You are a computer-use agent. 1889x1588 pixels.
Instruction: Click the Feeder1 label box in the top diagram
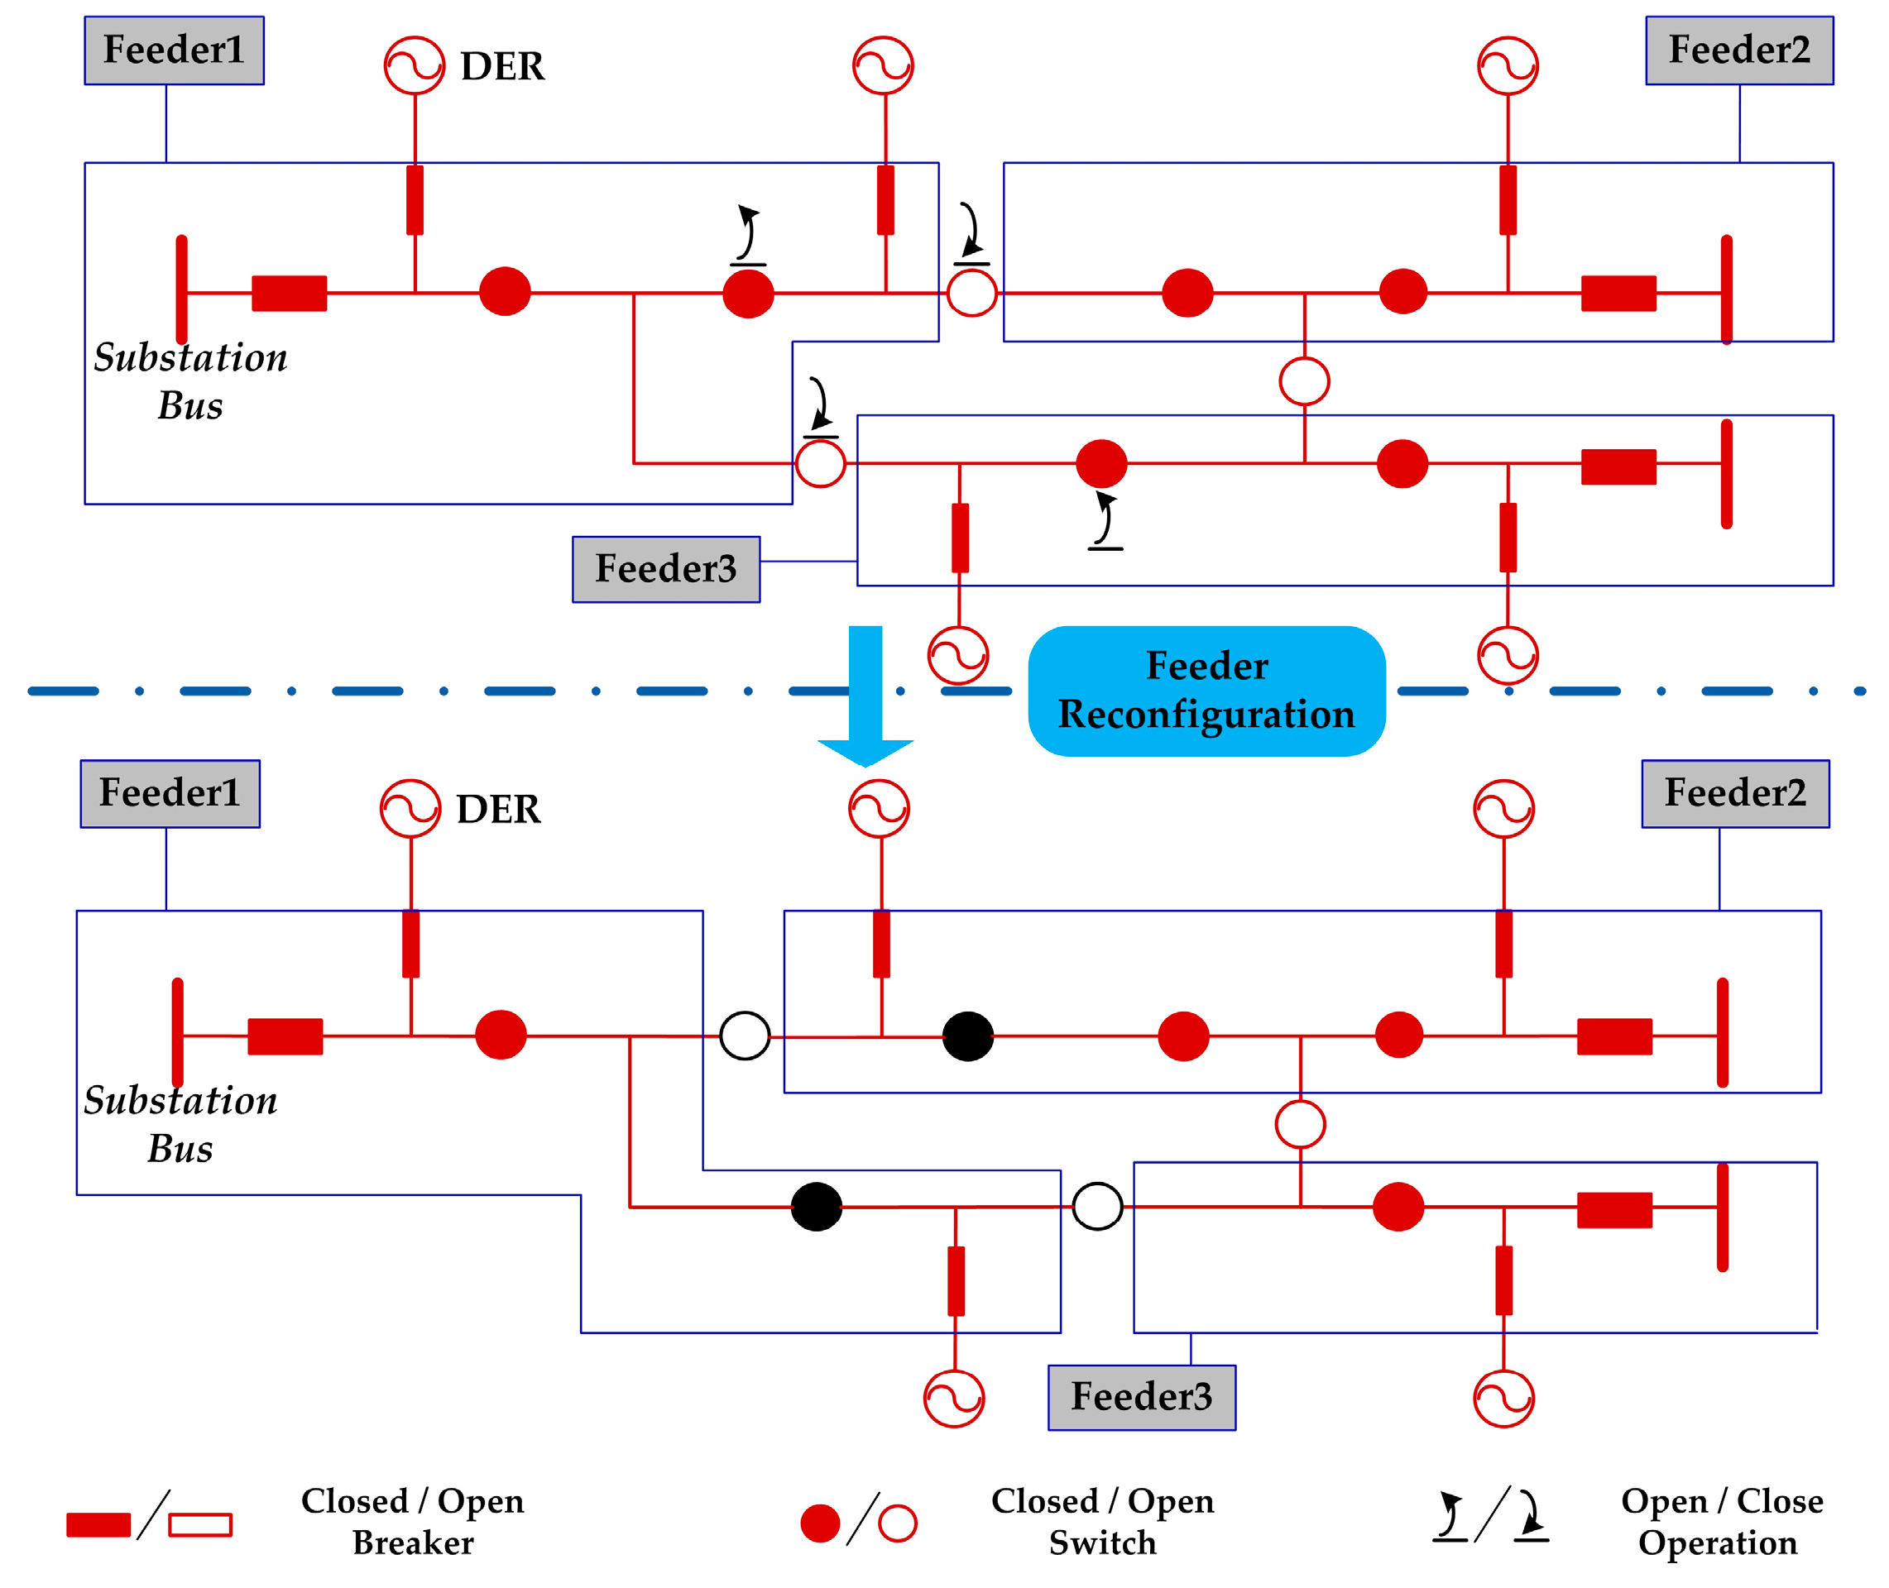click(x=174, y=50)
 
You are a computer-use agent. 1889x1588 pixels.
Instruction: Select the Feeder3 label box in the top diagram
click(x=665, y=569)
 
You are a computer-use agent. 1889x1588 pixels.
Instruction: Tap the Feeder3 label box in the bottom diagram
click(x=1141, y=1397)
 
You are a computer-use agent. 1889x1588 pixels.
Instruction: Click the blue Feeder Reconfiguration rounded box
click(x=1206, y=691)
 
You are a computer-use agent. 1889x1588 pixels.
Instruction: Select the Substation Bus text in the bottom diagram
click(x=180, y=1123)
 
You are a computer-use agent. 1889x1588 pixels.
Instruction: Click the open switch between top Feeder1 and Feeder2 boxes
click(x=971, y=293)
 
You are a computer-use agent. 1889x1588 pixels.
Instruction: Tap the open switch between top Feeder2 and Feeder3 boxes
click(x=1303, y=380)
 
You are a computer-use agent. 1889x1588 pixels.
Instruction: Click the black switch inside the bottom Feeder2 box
click(x=967, y=1036)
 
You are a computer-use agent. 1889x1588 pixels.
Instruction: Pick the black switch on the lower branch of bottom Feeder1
click(x=816, y=1207)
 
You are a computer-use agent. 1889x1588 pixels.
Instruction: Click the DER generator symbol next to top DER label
click(x=415, y=65)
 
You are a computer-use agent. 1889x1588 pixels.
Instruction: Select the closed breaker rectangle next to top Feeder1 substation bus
click(x=289, y=293)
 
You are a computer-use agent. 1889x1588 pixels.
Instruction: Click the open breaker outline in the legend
click(x=200, y=1524)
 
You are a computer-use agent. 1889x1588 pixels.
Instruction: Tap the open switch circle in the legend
click(x=897, y=1523)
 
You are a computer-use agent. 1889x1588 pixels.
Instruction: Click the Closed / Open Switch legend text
click(x=1101, y=1521)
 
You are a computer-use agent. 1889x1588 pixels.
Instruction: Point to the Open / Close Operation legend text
click(x=1721, y=1521)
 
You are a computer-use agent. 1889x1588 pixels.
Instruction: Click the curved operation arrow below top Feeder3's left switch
click(x=1105, y=520)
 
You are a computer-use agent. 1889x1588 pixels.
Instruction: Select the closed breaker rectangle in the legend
click(x=98, y=1524)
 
